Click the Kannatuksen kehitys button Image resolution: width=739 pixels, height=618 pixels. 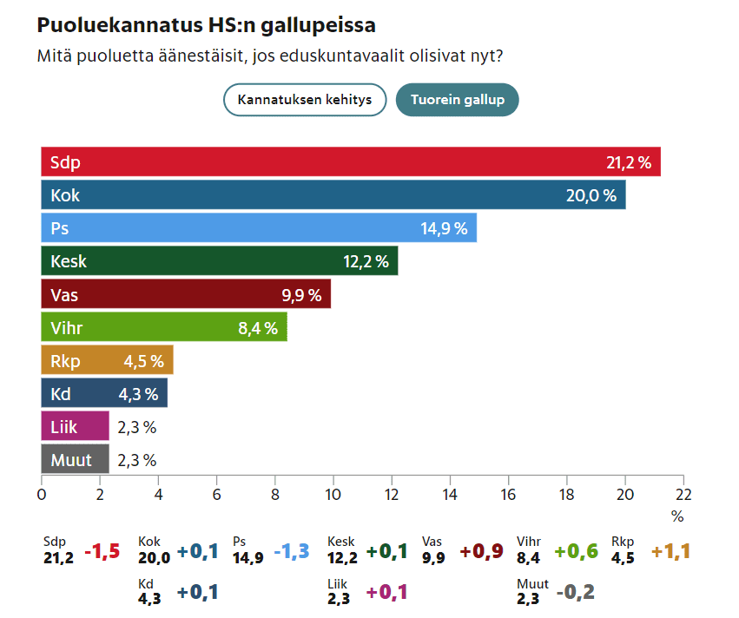(305, 100)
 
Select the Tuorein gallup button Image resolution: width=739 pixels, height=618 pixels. (457, 100)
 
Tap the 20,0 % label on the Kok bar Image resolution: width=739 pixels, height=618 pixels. (591, 195)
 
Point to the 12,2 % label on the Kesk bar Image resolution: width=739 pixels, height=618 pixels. (366, 261)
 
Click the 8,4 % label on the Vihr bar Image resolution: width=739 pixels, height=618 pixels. (257, 328)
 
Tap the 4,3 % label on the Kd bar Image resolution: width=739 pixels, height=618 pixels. (138, 394)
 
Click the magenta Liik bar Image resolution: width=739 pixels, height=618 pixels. (75, 427)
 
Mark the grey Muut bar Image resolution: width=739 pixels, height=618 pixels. (75, 460)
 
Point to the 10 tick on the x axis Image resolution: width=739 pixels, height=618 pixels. (333, 494)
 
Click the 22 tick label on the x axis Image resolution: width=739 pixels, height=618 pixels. (683, 494)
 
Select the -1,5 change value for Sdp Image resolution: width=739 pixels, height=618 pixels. (102, 552)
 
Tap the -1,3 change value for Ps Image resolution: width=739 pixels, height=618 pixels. (291, 552)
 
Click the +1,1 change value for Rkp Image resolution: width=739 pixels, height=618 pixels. (670, 552)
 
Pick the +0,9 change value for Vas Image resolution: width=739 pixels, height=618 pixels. (481, 552)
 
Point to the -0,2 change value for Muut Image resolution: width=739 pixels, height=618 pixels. (576, 593)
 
